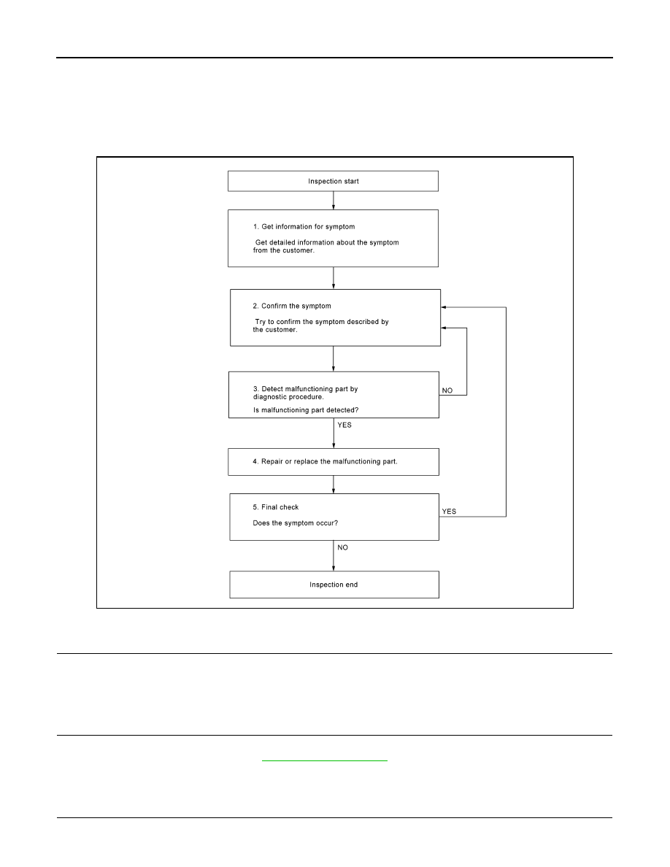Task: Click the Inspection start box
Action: click(x=333, y=182)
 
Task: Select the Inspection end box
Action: click(x=334, y=585)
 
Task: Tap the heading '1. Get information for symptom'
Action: click(x=304, y=227)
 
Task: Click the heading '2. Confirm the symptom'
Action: click(x=292, y=306)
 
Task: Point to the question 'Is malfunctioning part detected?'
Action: click(x=306, y=410)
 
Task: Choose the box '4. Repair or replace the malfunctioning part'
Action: click(x=334, y=462)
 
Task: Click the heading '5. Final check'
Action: click(x=275, y=507)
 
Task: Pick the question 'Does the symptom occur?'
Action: click(x=295, y=523)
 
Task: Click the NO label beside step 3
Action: click(x=447, y=390)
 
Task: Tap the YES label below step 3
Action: click(x=344, y=425)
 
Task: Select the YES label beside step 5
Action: click(x=449, y=512)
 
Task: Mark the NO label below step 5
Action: click(x=343, y=547)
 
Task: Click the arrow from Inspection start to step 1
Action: click(x=334, y=201)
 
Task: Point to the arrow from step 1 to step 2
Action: click(x=334, y=278)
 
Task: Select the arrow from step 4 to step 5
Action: click(x=334, y=485)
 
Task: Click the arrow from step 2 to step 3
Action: click(x=334, y=359)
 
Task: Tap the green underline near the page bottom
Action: click(x=325, y=761)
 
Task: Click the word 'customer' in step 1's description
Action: click(x=299, y=250)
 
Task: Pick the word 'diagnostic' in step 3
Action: click(x=270, y=397)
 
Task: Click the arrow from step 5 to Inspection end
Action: click(x=334, y=555)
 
